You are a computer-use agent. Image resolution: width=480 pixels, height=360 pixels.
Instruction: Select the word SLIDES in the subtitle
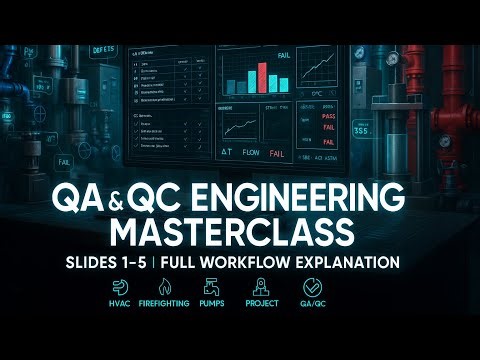tap(109, 263)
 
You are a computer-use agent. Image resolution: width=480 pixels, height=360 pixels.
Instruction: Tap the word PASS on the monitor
tap(323, 117)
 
